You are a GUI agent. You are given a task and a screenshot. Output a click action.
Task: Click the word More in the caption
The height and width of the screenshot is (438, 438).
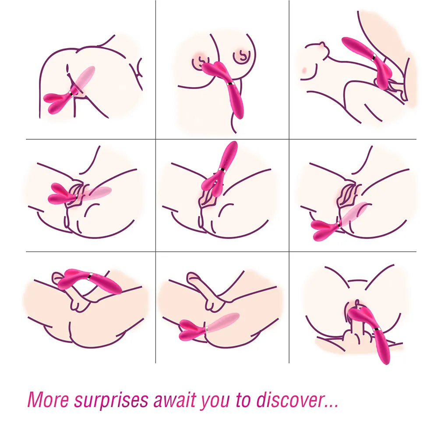(x=48, y=400)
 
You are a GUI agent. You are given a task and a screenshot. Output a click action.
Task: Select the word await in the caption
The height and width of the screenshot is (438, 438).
(x=177, y=400)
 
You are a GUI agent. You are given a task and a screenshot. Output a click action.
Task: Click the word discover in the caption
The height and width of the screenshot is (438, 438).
(x=290, y=400)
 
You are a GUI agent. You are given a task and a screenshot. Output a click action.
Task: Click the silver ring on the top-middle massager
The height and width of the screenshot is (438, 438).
(x=230, y=84)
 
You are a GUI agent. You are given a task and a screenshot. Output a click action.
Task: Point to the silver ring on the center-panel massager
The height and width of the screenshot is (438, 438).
(x=222, y=170)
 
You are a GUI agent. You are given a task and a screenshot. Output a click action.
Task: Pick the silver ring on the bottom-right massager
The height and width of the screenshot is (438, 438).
(x=377, y=330)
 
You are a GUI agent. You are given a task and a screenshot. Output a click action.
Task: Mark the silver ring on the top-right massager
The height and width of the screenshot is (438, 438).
(x=374, y=58)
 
